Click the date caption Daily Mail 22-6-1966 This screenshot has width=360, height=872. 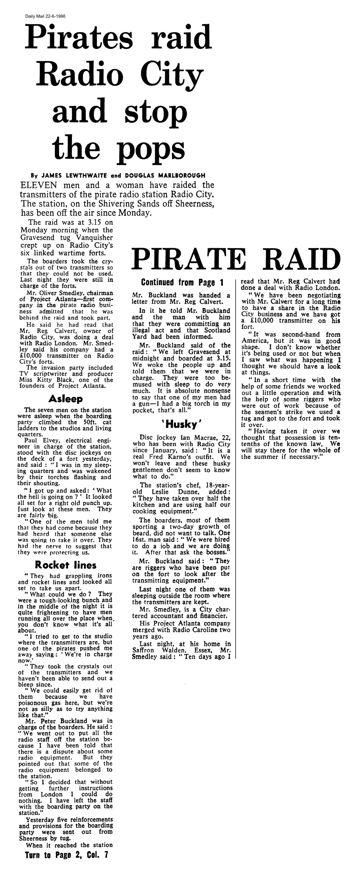click(45, 16)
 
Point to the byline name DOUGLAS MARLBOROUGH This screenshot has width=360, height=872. click(165, 176)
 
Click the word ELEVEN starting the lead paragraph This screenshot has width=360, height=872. click(36, 185)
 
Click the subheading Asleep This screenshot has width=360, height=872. click(66, 399)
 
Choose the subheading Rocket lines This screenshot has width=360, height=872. click(66, 565)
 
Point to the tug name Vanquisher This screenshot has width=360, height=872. click(95, 238)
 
